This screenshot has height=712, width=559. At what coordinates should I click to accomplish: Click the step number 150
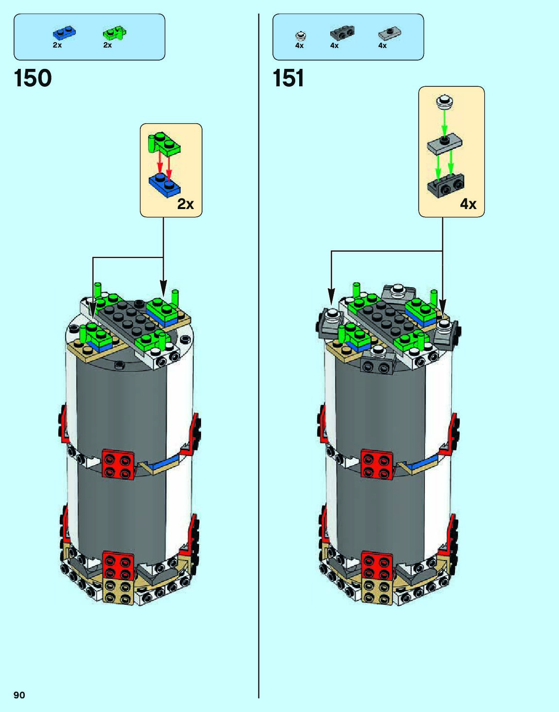click(x=33, y=78)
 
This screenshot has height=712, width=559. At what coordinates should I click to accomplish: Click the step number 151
click(x=288, y=78)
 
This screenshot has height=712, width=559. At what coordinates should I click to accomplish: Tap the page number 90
click(x=19, y=695)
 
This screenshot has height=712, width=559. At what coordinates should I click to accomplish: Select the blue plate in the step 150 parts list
click(x=64, y=33)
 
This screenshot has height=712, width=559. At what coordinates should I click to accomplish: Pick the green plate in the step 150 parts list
click(x=115, y=33)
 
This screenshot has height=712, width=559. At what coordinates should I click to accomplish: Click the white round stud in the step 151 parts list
click(x=301, y=35)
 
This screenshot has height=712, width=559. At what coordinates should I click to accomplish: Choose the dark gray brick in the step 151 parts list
click(x=342, y=33)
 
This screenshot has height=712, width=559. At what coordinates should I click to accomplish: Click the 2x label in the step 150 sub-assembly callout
click(x=186, y=204)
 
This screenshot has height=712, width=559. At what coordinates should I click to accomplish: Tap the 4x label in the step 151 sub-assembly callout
click(x=468, y=204)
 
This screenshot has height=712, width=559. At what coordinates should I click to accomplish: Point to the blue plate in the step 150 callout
click(x=165, y=184)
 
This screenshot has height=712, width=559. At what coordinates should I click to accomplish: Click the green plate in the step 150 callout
click(x=164, y=144)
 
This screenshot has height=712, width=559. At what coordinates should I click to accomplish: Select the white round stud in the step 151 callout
click(x=444, y=102)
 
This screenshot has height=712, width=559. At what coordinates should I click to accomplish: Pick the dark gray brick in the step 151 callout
click(x=446, y=185)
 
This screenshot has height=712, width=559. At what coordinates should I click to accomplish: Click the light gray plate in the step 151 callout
click(x=444, y=144)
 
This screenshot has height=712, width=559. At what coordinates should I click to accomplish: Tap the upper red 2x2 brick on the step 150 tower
click(x=118, y=464)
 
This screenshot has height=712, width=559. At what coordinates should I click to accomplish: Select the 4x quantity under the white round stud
click(x=299, y=46)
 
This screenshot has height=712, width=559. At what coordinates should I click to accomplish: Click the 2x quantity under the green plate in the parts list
click(x=107, y=45)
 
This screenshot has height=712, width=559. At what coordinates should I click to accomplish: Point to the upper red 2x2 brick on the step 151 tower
click(x=377, y=464)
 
